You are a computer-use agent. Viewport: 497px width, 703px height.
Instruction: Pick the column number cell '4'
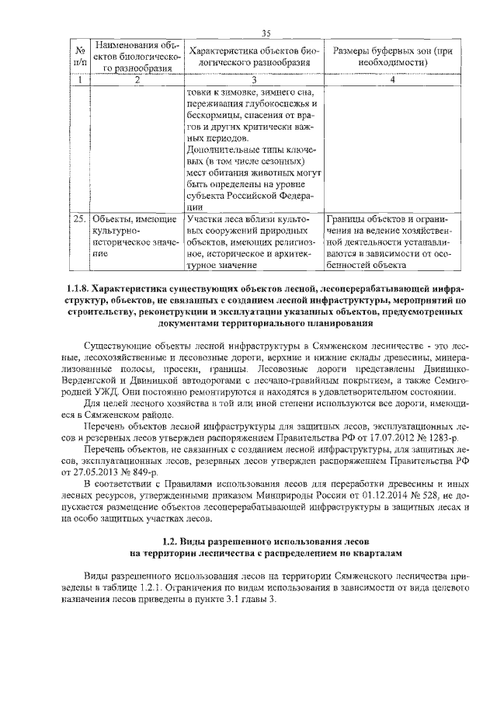392,80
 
